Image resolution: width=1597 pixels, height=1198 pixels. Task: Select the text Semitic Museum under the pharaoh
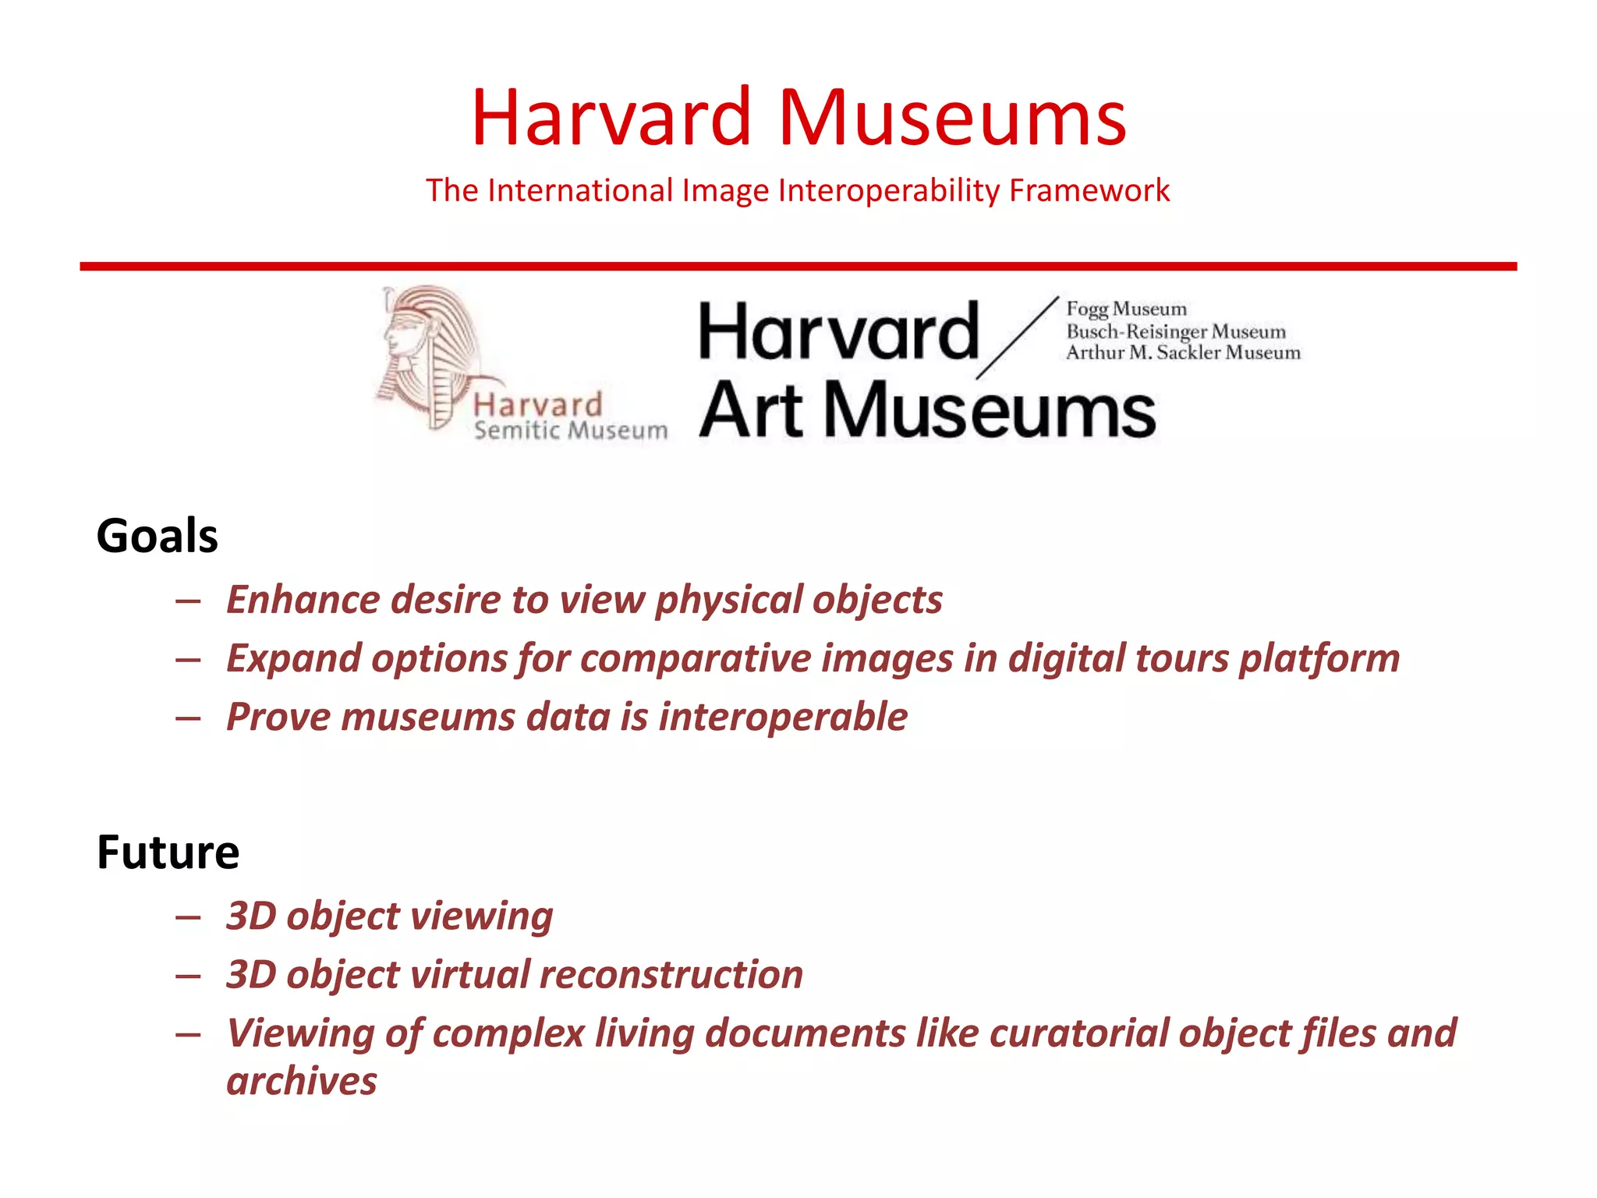(x=571, y=431)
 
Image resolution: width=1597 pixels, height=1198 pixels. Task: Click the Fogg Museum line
(x=1126, y=310)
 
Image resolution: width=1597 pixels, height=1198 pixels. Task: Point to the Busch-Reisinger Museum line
(x=1175, y=331)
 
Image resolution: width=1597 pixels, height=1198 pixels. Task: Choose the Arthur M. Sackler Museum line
(x=1182, y=353)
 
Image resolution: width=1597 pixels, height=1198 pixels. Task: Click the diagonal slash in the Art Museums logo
(x=1017, y=338)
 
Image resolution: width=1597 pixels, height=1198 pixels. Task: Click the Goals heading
(x=157, y=537)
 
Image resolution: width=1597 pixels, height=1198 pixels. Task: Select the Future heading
(x=168, y=852)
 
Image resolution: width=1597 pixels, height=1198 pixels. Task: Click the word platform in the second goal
(x=1319, y=658)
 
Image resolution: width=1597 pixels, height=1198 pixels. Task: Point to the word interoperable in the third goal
(x=783, y=717)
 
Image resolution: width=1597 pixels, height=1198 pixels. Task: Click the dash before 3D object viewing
(x=188, y=917)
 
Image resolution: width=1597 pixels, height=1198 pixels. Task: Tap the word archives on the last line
(x=301, y=1082)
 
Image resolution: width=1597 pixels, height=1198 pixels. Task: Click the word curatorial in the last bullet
(x=1078, y=1033)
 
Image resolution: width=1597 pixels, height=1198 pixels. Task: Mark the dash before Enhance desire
(x=188, y=601)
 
